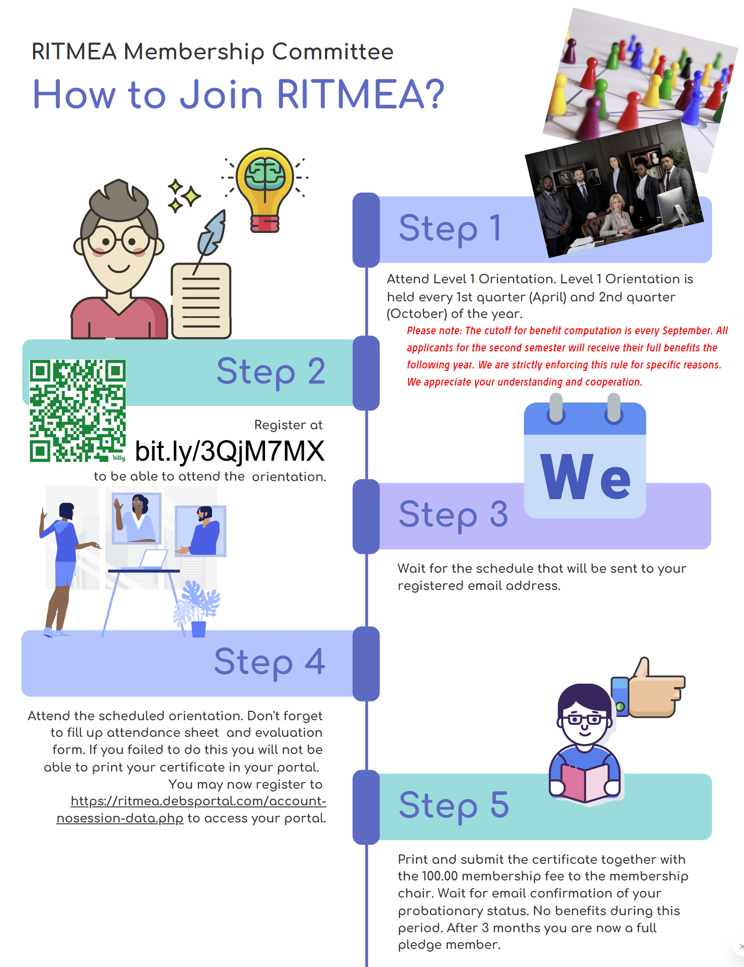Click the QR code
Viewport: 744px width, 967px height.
[x=78, y=410]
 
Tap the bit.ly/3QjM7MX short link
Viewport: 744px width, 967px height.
[x=230, y=451]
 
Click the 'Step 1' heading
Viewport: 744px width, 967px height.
[x=450, y=228]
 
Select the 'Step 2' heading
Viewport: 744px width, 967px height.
[x=271, y=372]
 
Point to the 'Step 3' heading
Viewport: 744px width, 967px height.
[x=453, y=514]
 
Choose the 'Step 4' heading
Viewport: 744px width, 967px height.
[x=269, y=662]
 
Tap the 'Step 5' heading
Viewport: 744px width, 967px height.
[x=454, y=805]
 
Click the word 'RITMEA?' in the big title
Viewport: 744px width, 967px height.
[x=360, y=95]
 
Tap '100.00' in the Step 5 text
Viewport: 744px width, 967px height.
[x=440, y=876]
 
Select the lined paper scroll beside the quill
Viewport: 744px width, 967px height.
[x=201, y=300]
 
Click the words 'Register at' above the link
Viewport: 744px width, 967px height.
[x=288, y=425]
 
